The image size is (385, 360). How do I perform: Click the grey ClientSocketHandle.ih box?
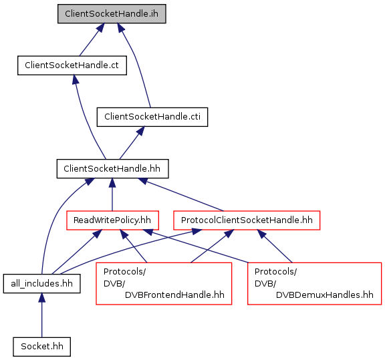click(112, 14)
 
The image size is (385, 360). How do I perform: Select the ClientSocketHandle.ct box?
click(72, 65)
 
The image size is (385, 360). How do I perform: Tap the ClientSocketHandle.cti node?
click(152, 117)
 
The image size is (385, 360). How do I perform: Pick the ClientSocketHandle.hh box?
click(112, 169)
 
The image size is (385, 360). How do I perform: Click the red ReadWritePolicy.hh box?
click(112, 220)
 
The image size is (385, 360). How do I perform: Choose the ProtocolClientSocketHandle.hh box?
click(247, 220)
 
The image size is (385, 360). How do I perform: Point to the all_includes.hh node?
click(41, 284)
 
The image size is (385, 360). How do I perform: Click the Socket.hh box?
click(41, 347)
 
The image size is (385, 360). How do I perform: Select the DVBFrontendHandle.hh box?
click(164, 284)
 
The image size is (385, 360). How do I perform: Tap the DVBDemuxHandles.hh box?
click(315, 284)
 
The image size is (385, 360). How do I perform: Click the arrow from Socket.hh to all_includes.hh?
click(41, 315)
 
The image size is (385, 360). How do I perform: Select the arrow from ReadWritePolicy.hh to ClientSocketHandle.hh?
click(112, 194)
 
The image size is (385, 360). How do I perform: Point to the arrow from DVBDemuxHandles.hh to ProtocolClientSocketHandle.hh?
click(275, 246)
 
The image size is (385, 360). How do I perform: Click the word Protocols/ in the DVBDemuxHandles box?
click(275, 272)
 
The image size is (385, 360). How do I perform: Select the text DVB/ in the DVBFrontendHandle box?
click(114, 284)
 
